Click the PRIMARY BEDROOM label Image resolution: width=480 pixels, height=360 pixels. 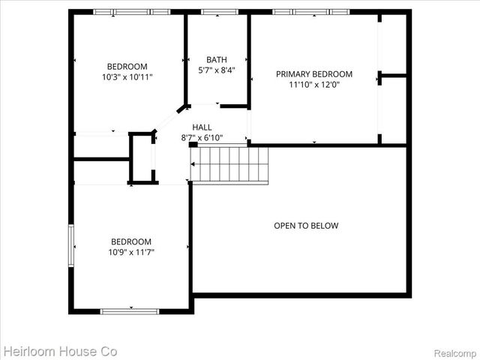coord(314,74)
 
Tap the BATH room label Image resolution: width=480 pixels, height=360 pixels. coord(217,60)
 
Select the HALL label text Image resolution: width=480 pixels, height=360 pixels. coord(202,127)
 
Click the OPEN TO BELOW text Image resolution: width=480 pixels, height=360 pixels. coord(306,226)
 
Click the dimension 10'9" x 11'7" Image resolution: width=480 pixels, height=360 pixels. coord(131,253)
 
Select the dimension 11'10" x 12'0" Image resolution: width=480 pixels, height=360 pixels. coord(314,85)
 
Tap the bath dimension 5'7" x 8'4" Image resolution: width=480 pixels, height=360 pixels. coord(217,70)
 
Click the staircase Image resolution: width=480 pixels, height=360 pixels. coord(229,164)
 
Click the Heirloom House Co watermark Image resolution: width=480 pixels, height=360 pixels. coord(59,350)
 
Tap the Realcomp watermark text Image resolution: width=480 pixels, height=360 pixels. coord(454,351)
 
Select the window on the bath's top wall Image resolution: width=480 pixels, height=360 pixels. coord(219,11)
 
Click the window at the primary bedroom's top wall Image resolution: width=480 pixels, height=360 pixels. coord(310,11)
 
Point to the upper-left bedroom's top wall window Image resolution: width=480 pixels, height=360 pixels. coord(132,11)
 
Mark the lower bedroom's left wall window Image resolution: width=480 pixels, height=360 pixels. coord(72,245)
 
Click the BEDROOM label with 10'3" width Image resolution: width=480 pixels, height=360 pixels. coord(127,66)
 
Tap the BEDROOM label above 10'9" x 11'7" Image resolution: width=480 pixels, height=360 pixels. coord(131,241)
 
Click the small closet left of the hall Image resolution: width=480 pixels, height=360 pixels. coord(142,157)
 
